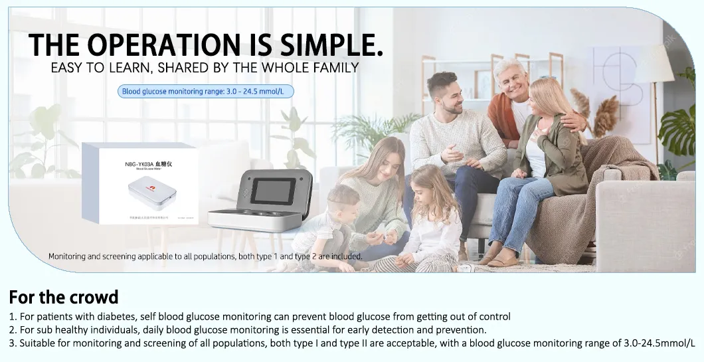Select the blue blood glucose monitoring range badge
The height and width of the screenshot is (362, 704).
[205, 91]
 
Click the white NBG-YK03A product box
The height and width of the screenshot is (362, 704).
[140, 183]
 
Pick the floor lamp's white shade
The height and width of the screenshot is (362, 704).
[655, 64]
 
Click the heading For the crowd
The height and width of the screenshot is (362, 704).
[64, 296]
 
